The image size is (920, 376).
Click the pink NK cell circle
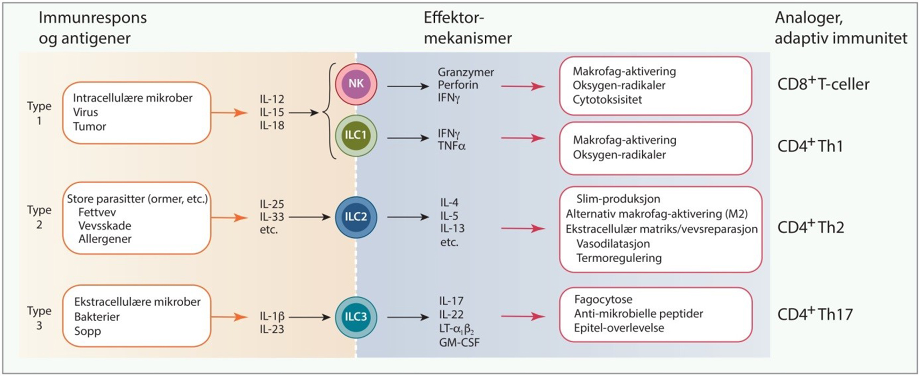[356, 84]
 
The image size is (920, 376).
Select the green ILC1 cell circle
[356, 135]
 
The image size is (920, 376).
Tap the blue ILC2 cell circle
[356, 217]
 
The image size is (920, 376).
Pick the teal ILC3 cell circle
[356, 317]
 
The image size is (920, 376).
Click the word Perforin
[458, 85]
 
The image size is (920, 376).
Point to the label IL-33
[272, 217]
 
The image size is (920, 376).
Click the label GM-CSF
[459, 342]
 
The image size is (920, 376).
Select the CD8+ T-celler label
[823, 84]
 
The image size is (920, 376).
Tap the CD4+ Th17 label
[815, 314]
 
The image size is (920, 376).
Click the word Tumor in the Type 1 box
[90, 127]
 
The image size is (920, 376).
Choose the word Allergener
[105, 239]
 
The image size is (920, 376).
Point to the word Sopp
[88, 331]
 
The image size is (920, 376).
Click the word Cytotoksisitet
[607, 99]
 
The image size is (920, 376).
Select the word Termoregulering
[619, 258]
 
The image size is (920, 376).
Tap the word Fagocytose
[603, 299]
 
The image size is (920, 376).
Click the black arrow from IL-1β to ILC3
[309, 317]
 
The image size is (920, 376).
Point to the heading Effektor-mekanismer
[468, 28]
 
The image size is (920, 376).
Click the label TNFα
[451, 146]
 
